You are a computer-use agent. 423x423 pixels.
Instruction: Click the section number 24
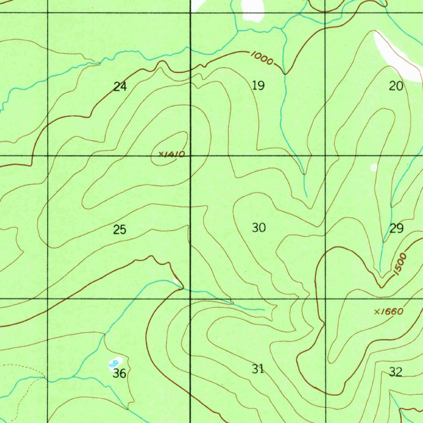(x=120, y=87)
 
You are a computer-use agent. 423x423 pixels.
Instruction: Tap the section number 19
(x=258, y=86)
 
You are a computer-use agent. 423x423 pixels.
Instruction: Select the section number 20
(x=396, y=86)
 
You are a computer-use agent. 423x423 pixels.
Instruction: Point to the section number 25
(x=120, y=230)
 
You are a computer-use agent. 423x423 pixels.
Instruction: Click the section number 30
(x=259, y=228)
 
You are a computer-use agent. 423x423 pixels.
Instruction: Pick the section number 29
(x=396, y=228)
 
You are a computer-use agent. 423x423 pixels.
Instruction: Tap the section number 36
(x=119, y=374)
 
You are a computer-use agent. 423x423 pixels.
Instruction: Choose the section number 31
(x=258, y=369)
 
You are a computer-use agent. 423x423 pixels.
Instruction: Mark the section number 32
(x=395, y=372)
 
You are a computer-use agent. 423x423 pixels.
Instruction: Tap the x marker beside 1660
(x=377, y=312)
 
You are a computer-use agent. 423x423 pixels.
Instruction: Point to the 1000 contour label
(x=261, y=59)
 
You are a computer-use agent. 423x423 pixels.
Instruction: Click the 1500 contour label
(x=400, y=265)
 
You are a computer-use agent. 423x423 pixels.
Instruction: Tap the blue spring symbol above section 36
(x=114, y=363)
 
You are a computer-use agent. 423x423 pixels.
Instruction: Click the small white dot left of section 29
(x=374, y=167)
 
